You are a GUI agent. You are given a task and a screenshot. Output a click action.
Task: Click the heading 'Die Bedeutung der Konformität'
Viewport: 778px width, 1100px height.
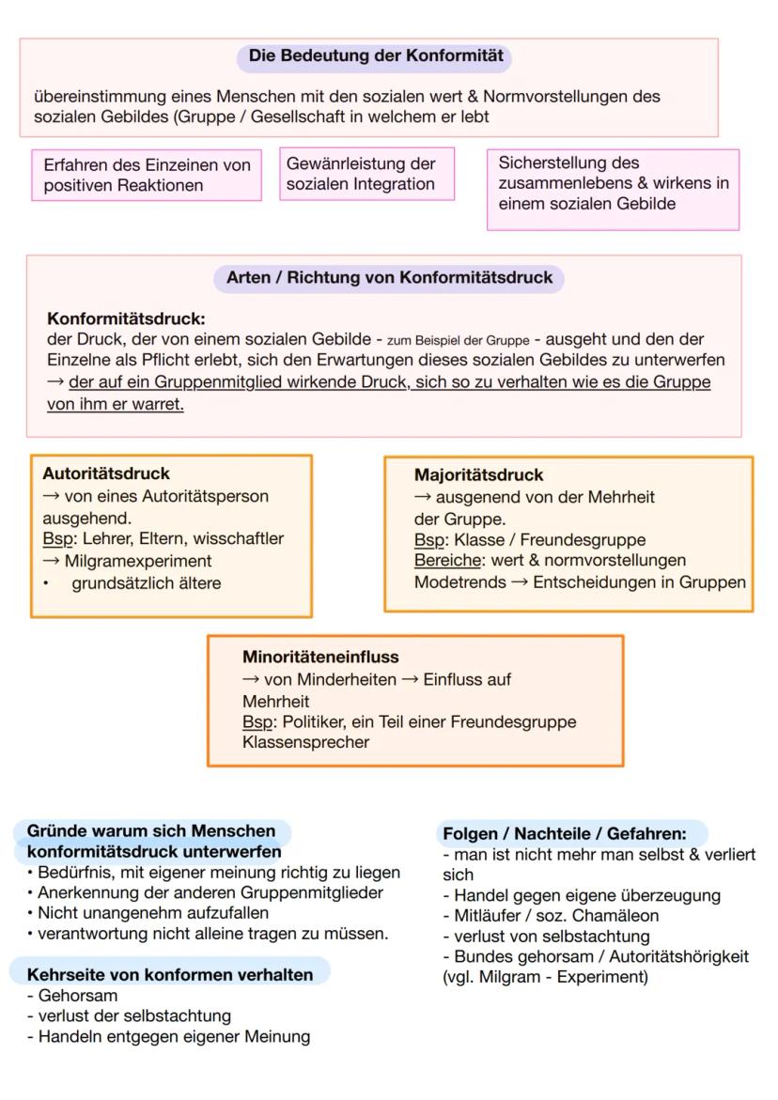(x=375, y=56)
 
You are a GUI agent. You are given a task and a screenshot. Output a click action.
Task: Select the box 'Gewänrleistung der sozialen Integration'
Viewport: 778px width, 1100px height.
(x=366, y=174)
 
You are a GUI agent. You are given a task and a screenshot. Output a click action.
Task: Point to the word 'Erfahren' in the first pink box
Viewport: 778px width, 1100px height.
(x=73, y=165)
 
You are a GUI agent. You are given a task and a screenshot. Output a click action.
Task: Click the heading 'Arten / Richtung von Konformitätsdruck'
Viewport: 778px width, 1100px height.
(x=389, y=278)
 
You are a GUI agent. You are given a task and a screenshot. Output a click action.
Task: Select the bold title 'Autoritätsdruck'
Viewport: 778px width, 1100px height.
(x=106, y=474)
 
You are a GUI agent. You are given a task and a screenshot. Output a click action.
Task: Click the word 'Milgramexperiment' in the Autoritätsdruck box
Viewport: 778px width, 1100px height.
(x=138, y=561)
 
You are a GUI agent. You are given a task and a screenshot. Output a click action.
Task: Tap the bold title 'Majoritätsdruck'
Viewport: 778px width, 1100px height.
(x=478, y=475)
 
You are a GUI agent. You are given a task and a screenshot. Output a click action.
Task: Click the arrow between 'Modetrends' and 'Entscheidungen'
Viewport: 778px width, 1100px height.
(x=520, y=582)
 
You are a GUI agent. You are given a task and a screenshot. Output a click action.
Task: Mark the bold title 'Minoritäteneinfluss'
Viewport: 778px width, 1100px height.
(x=320, y=658)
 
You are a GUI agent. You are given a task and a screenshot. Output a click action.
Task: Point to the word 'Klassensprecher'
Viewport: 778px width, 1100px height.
(x=305, y=743)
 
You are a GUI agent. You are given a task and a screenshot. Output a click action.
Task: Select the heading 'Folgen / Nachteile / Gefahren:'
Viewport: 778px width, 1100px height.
(x=564, y=833)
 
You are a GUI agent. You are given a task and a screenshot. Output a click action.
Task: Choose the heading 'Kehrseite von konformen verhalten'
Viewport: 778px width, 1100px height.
(x=170, y=975)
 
